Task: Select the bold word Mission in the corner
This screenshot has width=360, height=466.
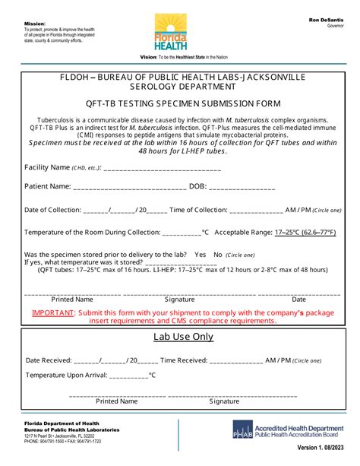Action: pyautogui.click(x=34, y=24)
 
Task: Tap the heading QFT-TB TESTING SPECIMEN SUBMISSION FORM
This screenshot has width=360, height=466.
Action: pyautogui.click(x=179, y=103)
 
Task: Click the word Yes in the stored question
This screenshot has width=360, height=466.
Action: pyautogui.click(x=201, y=255)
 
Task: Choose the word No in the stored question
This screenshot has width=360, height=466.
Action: pyautogui.click(x=218, y=255)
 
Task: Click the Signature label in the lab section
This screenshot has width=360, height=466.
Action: pyautogui.click(x=225, y=401)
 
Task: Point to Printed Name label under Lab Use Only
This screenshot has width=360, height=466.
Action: pyautogui.click(x=117, y=401)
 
